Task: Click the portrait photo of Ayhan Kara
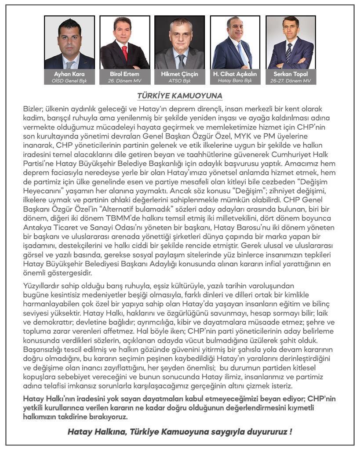(x=69, y=43)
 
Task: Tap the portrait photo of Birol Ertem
(x=124, y=43)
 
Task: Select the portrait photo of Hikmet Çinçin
(x=179, y=43)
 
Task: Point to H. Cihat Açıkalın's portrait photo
(x=235, y=43)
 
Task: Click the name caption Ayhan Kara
(x=69, y=74)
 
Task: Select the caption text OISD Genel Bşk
(x=69, y=81)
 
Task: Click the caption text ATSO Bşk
(x=179, y=81)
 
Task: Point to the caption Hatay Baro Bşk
(x=235, y=81)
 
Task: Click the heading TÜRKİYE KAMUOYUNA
(x=179, y=95)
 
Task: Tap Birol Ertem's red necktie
(x=125, y=53)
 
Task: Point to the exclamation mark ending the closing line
(x=291, y=432)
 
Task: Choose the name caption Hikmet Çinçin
(x=179, y=74)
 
